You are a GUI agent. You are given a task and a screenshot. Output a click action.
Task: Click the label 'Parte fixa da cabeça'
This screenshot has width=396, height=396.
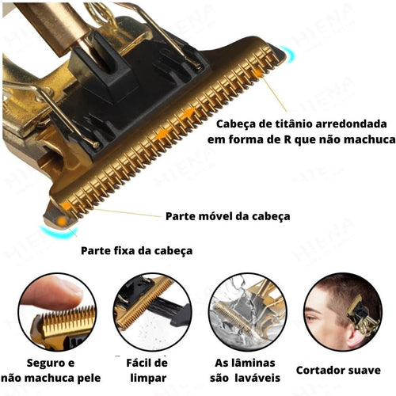(x=136, y=250)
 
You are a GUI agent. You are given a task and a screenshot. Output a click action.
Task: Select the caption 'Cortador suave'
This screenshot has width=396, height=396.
(x=338, y=370)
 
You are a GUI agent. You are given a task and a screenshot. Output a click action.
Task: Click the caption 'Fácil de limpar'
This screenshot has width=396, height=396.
(x=148, y=370)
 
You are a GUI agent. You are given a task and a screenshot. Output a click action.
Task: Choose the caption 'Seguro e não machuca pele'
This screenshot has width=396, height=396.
(x=49, y=370)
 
